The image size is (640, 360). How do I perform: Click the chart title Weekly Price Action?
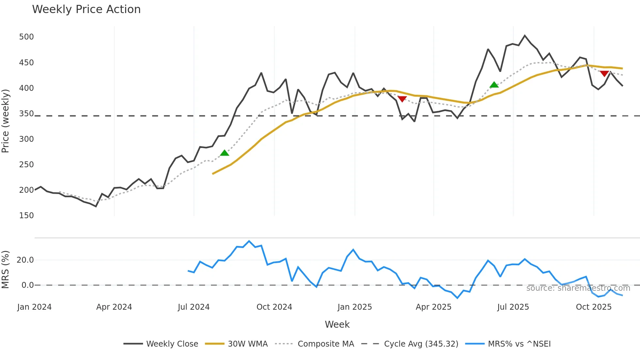86,9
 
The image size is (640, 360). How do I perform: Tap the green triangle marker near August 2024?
224,153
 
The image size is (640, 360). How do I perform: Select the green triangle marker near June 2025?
494,85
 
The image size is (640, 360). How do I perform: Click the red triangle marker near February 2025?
402,99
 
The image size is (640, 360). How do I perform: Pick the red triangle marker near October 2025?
604,74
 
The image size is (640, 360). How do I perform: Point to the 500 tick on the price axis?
26,37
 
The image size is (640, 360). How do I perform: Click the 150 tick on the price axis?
26,216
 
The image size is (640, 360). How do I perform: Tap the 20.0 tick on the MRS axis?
25,260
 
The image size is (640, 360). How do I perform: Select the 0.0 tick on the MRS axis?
28,285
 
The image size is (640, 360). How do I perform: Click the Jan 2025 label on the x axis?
355,307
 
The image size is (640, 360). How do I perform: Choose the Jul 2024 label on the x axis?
194,307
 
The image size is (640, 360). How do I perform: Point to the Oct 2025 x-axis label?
594,307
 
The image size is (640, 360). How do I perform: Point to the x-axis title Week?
337,324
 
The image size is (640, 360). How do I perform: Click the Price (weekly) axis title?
6,121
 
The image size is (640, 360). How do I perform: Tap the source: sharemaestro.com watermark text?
578,288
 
